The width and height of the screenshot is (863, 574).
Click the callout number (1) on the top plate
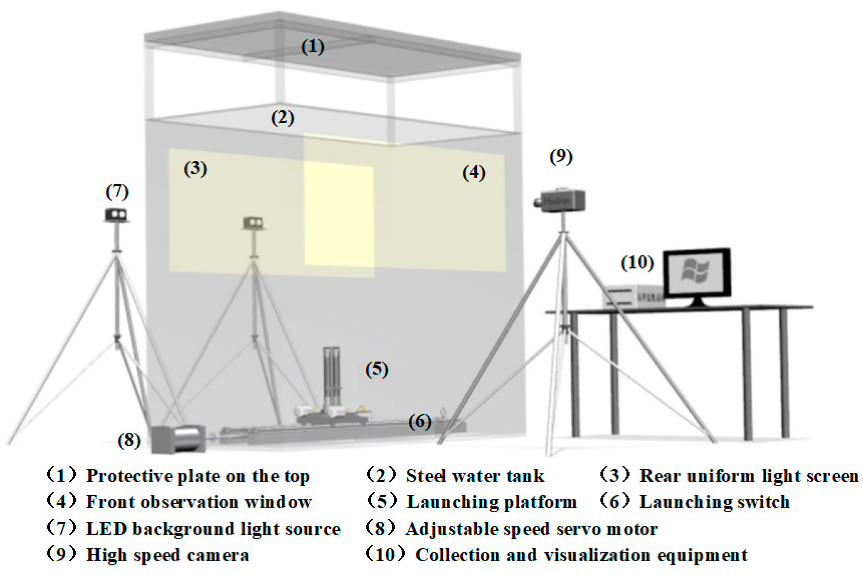click(312, 47)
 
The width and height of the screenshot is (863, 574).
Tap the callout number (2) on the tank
click(282, 118)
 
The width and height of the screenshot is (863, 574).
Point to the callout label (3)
click(195, 169)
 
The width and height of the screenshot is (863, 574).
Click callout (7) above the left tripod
click(117, 192)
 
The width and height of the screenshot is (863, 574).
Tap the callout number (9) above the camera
click(561, 157)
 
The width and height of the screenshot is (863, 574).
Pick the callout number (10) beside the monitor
click(637, 263)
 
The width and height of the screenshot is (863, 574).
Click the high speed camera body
click(561, 201)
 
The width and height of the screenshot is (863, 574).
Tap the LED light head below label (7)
click(116, 214)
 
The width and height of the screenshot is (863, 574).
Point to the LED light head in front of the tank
click(253, 223)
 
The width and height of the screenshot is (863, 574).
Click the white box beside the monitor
click(633, 296)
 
